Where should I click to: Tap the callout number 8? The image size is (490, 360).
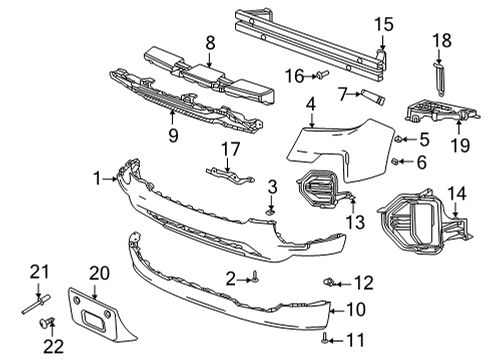coord(210,43)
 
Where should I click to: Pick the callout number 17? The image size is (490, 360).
coord(231,150)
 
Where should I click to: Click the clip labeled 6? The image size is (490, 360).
coord(395,160)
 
